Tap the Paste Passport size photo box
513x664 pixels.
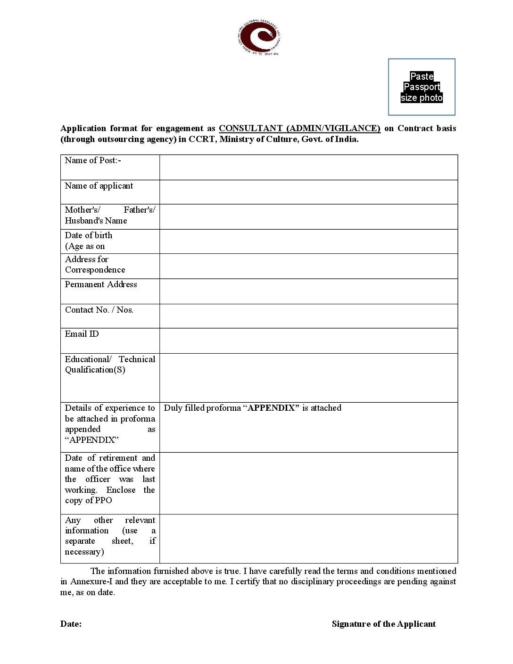[422, 87]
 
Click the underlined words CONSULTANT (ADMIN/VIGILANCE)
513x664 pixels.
[299, 128]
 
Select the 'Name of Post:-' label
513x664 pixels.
[93, 160]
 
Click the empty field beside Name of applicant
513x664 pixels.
[308, 192]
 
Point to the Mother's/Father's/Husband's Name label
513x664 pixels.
[110, 215]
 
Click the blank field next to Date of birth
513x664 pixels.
[308, 241]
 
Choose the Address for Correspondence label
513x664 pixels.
[95, 265]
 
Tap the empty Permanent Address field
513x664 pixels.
[308, 291]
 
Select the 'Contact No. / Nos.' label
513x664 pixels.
[99, 310]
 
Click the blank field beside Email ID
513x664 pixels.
[308, 340]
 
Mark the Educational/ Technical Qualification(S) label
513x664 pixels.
[110, 365]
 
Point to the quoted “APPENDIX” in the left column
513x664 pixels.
[91, 440]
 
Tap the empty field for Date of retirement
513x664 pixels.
[308, 483]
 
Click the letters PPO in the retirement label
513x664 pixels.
[103, 500]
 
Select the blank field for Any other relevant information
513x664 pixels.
[308, 539]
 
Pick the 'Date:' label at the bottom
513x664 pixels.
[71, 624]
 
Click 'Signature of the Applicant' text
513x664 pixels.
[383, 624]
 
